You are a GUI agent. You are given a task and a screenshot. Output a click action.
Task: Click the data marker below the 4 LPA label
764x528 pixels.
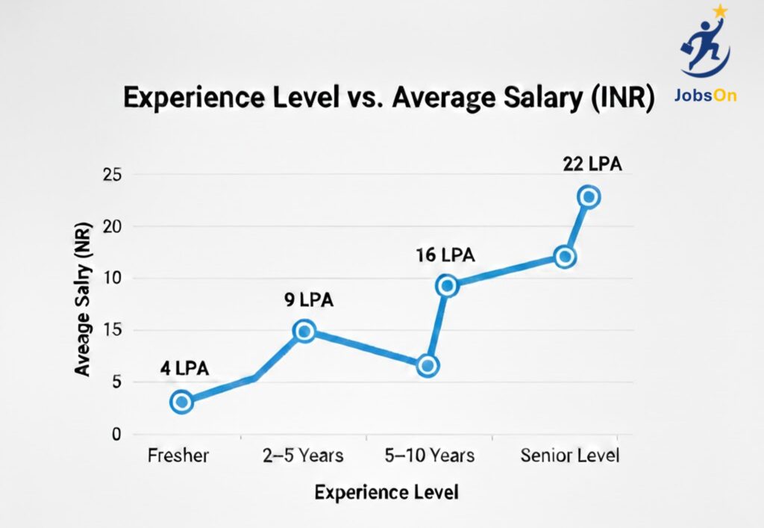(x=181, y=402)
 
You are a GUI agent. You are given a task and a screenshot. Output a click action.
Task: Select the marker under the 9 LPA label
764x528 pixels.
(x=304, y=331)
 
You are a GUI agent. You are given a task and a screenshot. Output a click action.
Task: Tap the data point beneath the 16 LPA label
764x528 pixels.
(x=447, y=285)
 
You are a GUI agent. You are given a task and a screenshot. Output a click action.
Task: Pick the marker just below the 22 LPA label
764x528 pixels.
(x=589, y=197)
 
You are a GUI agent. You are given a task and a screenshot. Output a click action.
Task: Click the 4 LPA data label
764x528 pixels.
(x=184, y=368)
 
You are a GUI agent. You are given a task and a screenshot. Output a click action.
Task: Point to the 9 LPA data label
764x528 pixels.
(x=307, y=299)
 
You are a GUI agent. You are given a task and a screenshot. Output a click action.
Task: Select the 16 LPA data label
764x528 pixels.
(x=445, y=255)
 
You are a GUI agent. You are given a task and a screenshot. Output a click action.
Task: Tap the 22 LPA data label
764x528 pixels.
(x=592, y=164)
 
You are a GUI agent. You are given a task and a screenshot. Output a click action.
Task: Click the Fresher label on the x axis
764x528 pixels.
(x=178, y=456)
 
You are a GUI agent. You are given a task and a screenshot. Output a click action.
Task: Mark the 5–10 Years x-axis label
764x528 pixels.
(x=430, y=456)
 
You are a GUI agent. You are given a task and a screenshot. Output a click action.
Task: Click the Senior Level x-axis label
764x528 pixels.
(x=569, y=456)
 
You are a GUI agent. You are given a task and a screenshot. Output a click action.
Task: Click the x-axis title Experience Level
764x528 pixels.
(x=386, y=493)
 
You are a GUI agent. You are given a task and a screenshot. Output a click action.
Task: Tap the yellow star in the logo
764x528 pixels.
(x=720, y=11)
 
